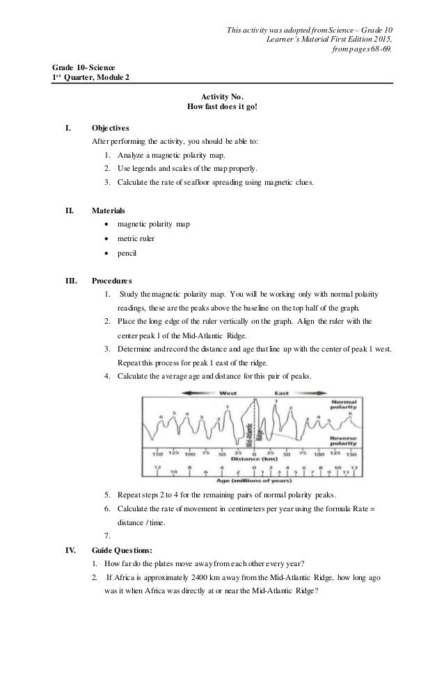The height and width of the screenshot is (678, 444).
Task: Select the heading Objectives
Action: point(110,128)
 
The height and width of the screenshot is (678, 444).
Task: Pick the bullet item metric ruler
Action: point(136,238)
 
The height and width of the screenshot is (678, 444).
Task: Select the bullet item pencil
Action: point(127,254)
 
